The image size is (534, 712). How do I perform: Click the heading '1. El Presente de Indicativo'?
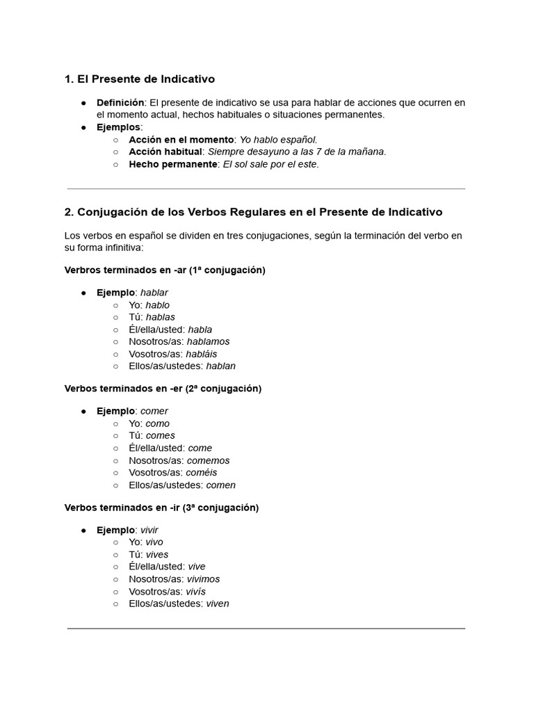pyautogui.click(x=139, y=79)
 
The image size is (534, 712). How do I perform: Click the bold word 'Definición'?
pyautogui.click(x=120, y=103)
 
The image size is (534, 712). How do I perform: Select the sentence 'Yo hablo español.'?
pyautogui.click(x=278, y=140)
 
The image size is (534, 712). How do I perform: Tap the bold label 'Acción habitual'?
pyautogui.click(x=165, y=152)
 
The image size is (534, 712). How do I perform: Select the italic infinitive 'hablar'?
pyautogui.click(x=154, y=293)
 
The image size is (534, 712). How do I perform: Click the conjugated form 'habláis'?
pyautogui.click(x=202, y=354)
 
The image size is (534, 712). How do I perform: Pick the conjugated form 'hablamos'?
pyautogui.click(x=208, y=341)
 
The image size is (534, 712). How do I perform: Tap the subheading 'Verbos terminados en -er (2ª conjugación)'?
pyautogui.click(x=163, y=389)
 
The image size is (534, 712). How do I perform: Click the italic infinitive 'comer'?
pyautogui.click(x=154, y=411)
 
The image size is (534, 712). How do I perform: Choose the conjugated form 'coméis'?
pyautogui.click(x=201, y=473)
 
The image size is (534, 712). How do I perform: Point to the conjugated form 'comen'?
pyautogui.click(x=220, y=485)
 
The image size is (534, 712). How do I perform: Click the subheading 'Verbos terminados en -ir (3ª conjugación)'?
pyautogui.click(x=161, y=508)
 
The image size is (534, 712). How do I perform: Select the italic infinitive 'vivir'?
pyautogui.click(x=149, y=530)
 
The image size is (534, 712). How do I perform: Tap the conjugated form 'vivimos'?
pyautogui.click(x=203, y=579)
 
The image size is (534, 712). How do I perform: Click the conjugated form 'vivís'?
pyautogui.click(x=196, y=592)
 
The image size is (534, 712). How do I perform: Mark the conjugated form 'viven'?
pyautogui.click(x=218, y=604)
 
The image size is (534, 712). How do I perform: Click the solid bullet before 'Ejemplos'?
pyautogui.click(x=83, y=127)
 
